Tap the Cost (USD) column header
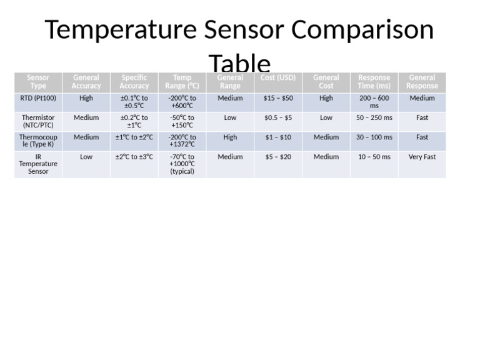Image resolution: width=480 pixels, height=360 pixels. (278, 78)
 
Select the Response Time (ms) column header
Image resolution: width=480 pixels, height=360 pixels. (374, 82)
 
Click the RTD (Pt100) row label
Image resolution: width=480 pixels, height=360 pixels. (38, 98)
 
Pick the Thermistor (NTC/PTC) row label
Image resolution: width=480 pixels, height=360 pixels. (38, 121)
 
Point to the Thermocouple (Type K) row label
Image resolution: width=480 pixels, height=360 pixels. (38, 141)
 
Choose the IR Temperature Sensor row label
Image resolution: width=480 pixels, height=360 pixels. (38, 164)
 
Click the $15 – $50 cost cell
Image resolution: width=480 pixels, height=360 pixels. (278, 98)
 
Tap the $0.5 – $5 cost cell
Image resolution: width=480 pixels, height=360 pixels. (278, 117)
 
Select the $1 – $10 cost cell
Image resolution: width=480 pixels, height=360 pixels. (278, 137)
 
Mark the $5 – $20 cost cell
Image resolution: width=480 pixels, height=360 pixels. (278, 157)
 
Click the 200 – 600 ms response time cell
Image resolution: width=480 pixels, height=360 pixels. (374, 102)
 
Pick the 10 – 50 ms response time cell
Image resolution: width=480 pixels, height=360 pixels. (374, 157)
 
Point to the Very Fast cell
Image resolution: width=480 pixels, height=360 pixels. (422, 157)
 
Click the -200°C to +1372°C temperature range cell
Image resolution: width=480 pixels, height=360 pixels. (182, 141)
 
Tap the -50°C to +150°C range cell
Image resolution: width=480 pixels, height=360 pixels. (182, 121)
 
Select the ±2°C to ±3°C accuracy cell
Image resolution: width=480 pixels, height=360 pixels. (134, 157)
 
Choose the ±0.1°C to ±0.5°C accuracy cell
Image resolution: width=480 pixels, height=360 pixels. (134, 102)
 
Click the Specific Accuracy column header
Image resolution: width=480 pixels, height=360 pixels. (134, 82)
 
